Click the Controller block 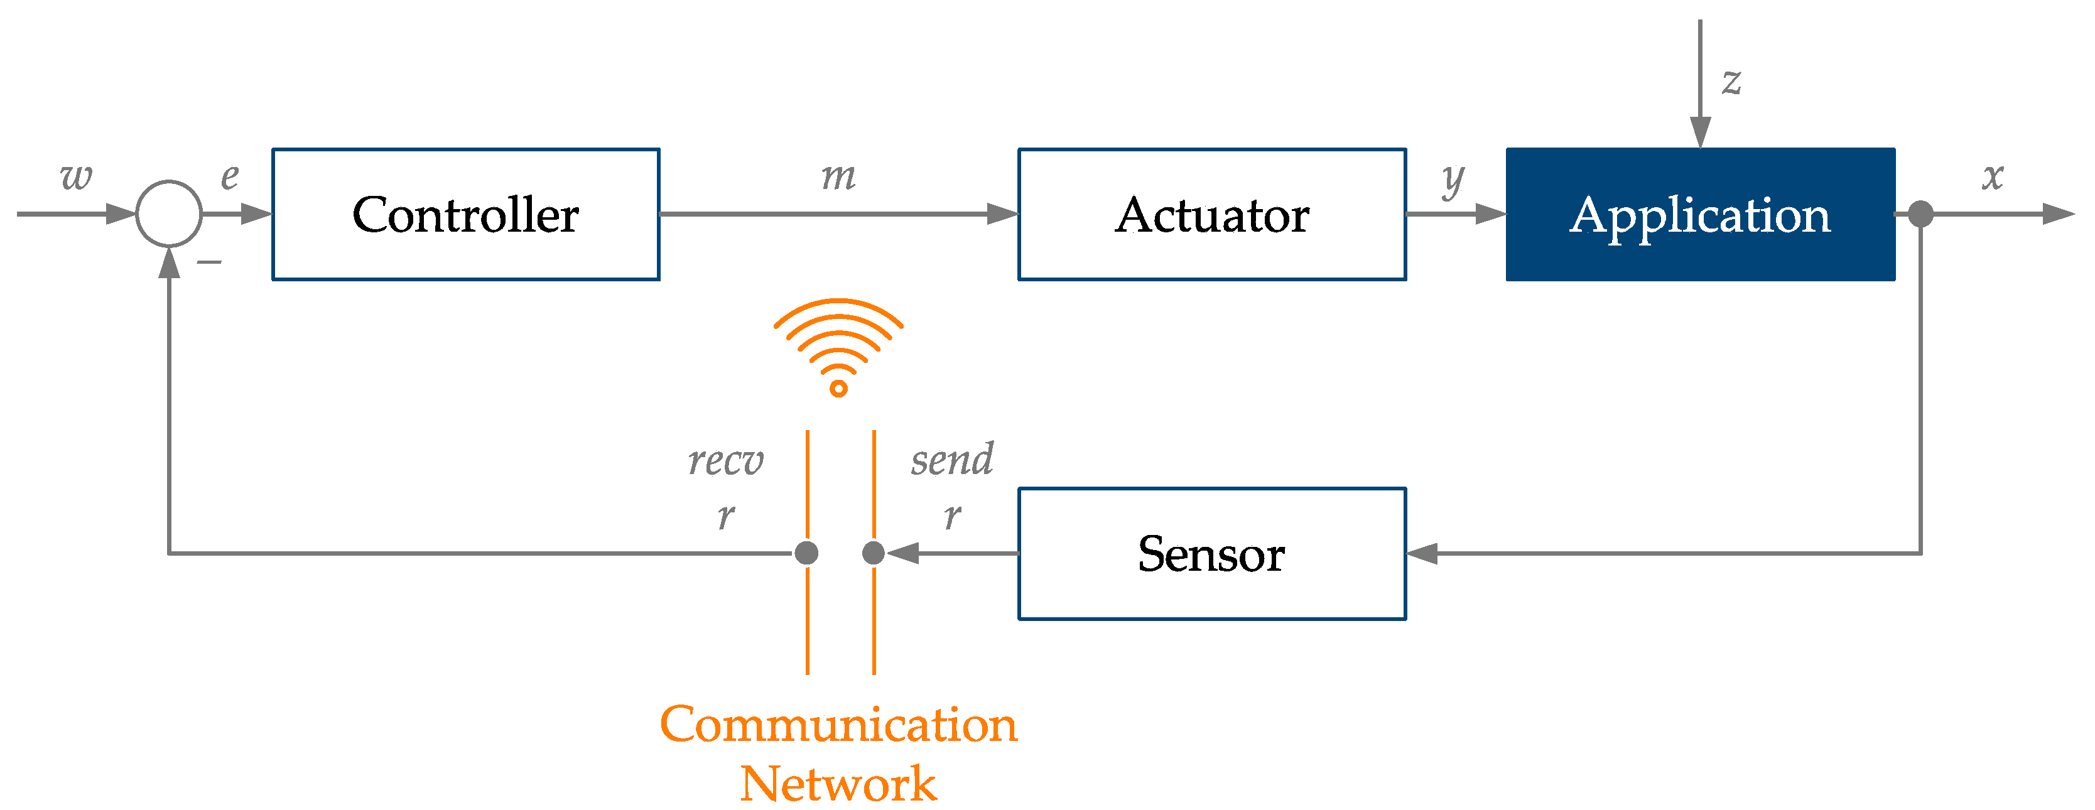click(465, 215)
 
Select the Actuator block click(1212, 215)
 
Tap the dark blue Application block click(1700, 215)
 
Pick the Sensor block click(1212, 554)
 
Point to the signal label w click(77, 176)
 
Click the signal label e click(230, 176)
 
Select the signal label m click(838, 176)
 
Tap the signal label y click(1453, 179)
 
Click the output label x click(1993, 176)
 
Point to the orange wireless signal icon click(838, 345)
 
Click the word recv click(725, 460)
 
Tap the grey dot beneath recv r click(807, 553)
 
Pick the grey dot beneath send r click(874, 553)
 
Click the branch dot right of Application click(1921, 214)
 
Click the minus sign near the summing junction click(209, 262)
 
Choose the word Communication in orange click(838, 724)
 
